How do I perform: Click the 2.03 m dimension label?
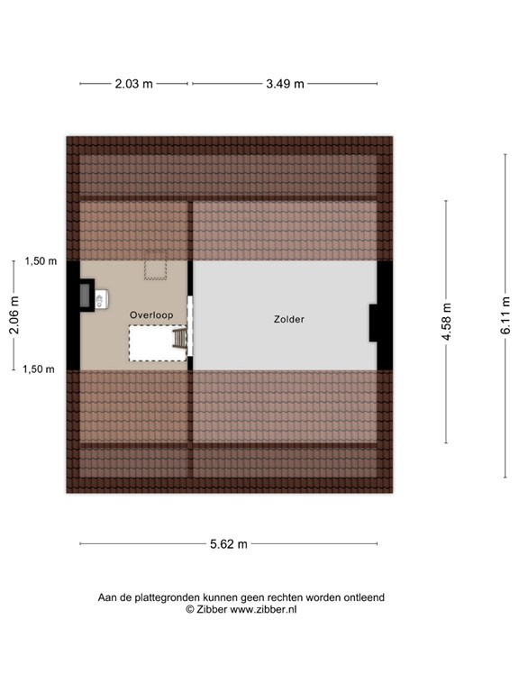pos(134,84)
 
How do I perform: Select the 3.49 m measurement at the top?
pos(285,84)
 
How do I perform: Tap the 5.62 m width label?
pos(228,543)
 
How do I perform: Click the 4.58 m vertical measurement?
pos(446,322)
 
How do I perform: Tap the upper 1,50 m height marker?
pos(40,261)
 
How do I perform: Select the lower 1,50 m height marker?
pos(40,369)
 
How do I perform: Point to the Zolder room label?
pos(290,319)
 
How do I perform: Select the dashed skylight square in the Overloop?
pos(156,269)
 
